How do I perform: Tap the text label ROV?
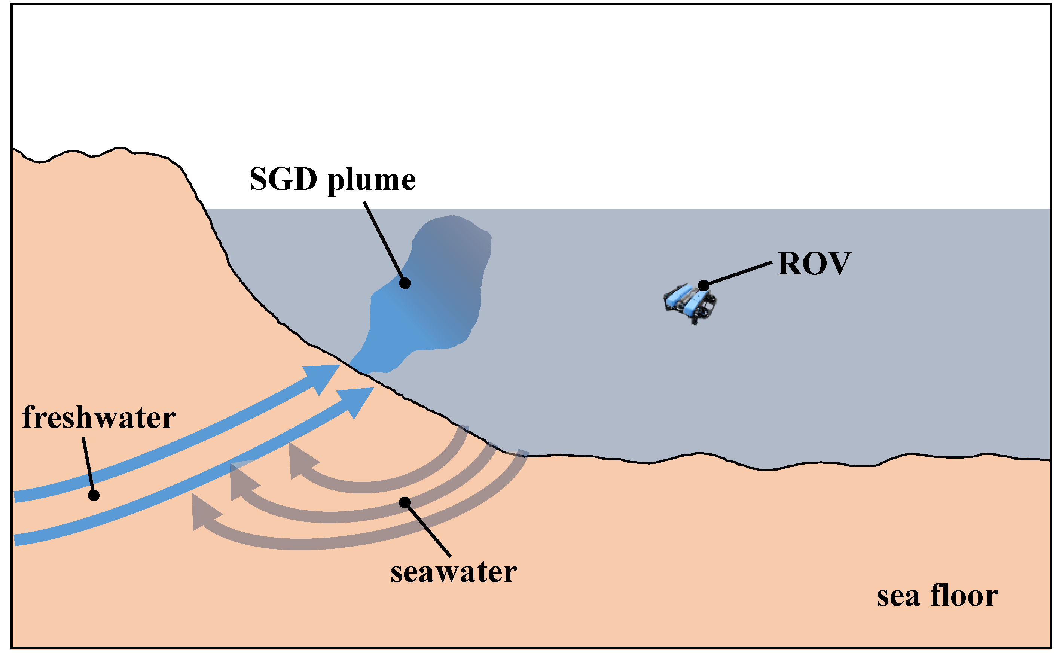tap(814, 264)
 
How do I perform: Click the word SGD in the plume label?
tap(283, 179)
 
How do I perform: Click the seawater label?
tap(453, 572)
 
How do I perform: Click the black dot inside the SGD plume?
tap(405, 283)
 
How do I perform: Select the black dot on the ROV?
tap(703, 286)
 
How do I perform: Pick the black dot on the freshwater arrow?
tap(94, 495)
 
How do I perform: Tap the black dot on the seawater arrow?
tap(405, 503)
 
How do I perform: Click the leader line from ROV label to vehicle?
tap(738, 274)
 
